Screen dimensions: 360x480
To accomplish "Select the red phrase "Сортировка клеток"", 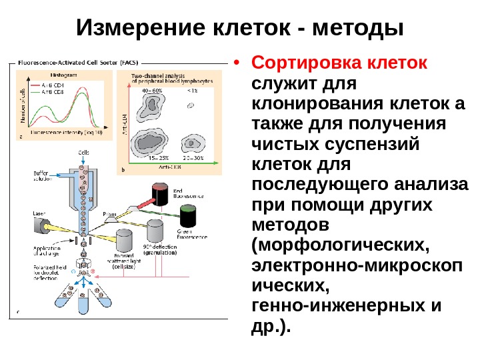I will (x=338, y=65).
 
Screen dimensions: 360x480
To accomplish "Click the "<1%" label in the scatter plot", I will (x=192, y=90).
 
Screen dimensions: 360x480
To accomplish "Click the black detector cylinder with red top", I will (x=161, y=194).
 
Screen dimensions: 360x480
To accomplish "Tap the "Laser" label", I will (x=39, y=213).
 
